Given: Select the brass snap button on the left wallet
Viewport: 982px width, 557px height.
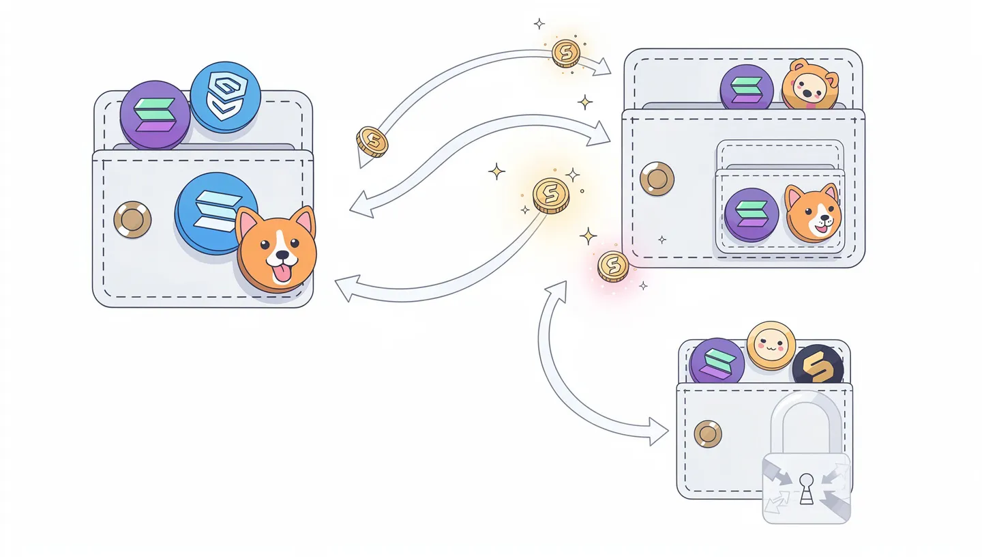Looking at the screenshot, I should pos(132,219).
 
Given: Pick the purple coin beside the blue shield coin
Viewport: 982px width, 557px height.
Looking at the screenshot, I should pos(154,114).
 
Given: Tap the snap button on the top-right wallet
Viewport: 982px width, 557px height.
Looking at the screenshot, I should pos(657,179).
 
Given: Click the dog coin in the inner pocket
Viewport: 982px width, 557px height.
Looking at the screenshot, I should pos(813,213).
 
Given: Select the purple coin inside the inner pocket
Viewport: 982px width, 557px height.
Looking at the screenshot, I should pos(752,214).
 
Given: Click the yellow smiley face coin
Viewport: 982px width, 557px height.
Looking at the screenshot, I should pos(771,346).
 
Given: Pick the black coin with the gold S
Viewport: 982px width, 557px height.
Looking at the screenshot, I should pos(817,365).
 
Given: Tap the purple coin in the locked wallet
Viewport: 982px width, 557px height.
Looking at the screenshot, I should pos(716,360).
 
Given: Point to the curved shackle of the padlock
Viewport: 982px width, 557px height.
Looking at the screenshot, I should pos(806,410).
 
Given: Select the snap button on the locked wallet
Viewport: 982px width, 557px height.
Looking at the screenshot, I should pos(707,433).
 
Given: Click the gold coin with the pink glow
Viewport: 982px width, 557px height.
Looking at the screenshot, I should pos(613,266).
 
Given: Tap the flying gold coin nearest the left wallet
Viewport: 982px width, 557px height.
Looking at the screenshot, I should pos(372,141).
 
